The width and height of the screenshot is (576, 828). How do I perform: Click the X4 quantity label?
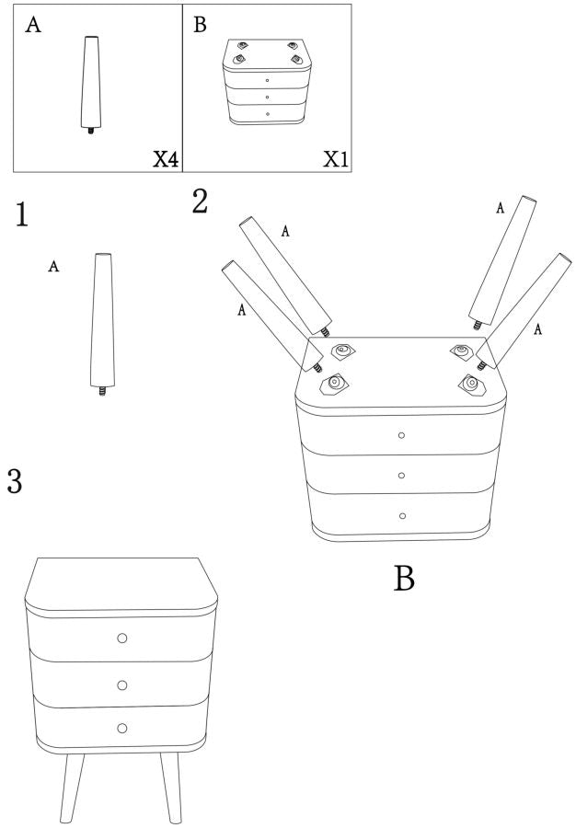(x=166, y=159)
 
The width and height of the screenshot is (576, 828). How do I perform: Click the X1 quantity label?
(x=337, y=159)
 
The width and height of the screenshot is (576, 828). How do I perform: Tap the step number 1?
(x=22, y=215)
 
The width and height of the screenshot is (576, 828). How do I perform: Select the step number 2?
(x=200, y=201)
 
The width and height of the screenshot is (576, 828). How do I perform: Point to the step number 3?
(x=14, y=481)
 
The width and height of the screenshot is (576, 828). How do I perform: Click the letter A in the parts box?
(x=33, y=25)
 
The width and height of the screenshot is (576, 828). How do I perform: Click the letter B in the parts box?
(x=200, y=25)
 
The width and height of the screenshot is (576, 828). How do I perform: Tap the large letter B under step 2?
(x=404, y=579)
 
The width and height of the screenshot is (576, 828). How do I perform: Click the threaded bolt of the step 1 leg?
(x=102, y=391)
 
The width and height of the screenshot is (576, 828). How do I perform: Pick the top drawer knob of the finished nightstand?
(x=122, y=638)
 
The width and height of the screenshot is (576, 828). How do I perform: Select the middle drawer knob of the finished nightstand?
(x=122, y=685)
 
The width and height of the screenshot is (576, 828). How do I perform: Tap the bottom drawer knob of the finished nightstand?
(x=122, y=729)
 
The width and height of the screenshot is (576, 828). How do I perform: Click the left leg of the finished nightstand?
(x=71, y=788)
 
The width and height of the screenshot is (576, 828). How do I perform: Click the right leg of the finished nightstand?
(x=171, y=788)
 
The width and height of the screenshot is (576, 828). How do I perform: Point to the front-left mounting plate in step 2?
(x=334, y=384)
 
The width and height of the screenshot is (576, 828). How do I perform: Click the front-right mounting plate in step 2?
(x=471, y=384)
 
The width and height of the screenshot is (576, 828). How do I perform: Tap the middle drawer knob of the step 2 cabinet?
(x=401, y=476)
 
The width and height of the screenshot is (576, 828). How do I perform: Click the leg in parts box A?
(x=90, y=85)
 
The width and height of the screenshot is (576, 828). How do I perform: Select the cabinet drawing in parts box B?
(x=267, y=81)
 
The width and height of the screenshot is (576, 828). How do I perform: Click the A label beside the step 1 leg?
(x=53, y=266)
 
